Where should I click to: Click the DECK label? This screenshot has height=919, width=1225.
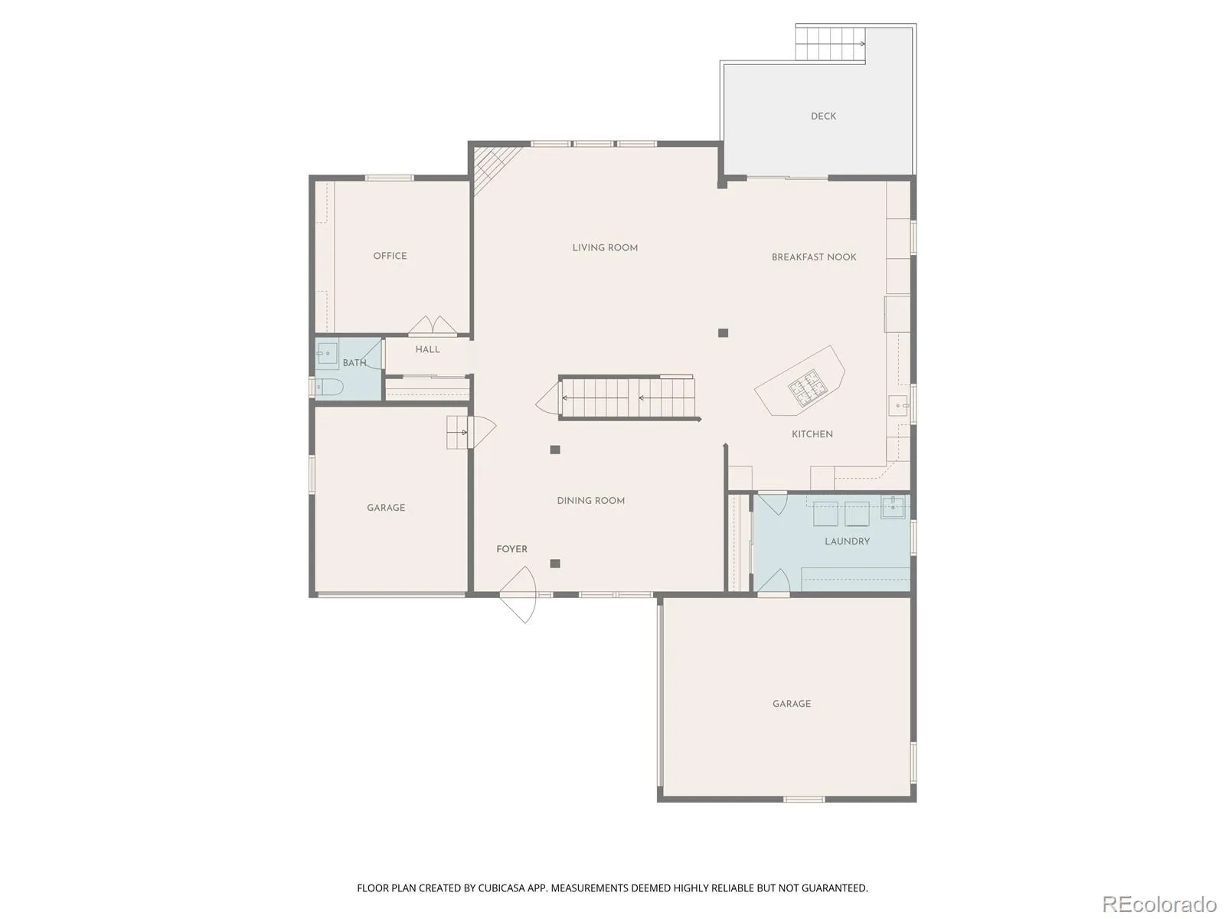pyautogui.click(x=823, y=116)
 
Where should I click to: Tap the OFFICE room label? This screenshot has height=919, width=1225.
pyautogui.click(x=390, y=256)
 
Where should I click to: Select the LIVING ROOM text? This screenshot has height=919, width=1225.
pyautogui.click(x=605, y=247)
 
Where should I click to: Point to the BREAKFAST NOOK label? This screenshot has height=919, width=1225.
pyautogui.click(x=814, y=257)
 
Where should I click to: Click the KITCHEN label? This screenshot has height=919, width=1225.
pyautogui.click(x=812, y=433)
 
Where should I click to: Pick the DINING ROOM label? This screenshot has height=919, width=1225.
pyautogui.click(x=590, y=501)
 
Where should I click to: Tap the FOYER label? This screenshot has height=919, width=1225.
pyautogui.click(x=511, y=549)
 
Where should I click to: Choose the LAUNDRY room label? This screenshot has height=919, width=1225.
pyautogui.click(x=848, y=541)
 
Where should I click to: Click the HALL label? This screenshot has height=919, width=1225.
pyautogui.click(x=427, y=349)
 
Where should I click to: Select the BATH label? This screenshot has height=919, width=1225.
pyautogui.click(x=354, y=363)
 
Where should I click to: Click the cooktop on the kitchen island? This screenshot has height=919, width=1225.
pyautogui.click(x=804, y=387)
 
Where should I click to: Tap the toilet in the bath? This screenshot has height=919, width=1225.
pyautogui.click(x=328, y=388)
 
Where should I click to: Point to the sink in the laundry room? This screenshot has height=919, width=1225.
pyautogui.click(x=893, y=508)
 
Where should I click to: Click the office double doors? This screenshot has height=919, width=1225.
pyautogui.click(x=433, y=325)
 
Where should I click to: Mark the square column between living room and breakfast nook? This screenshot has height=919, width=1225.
pyautogui.click(x=723, y=333)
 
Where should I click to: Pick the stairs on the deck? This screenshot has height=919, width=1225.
pyautogui.click(x=831, y=44)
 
